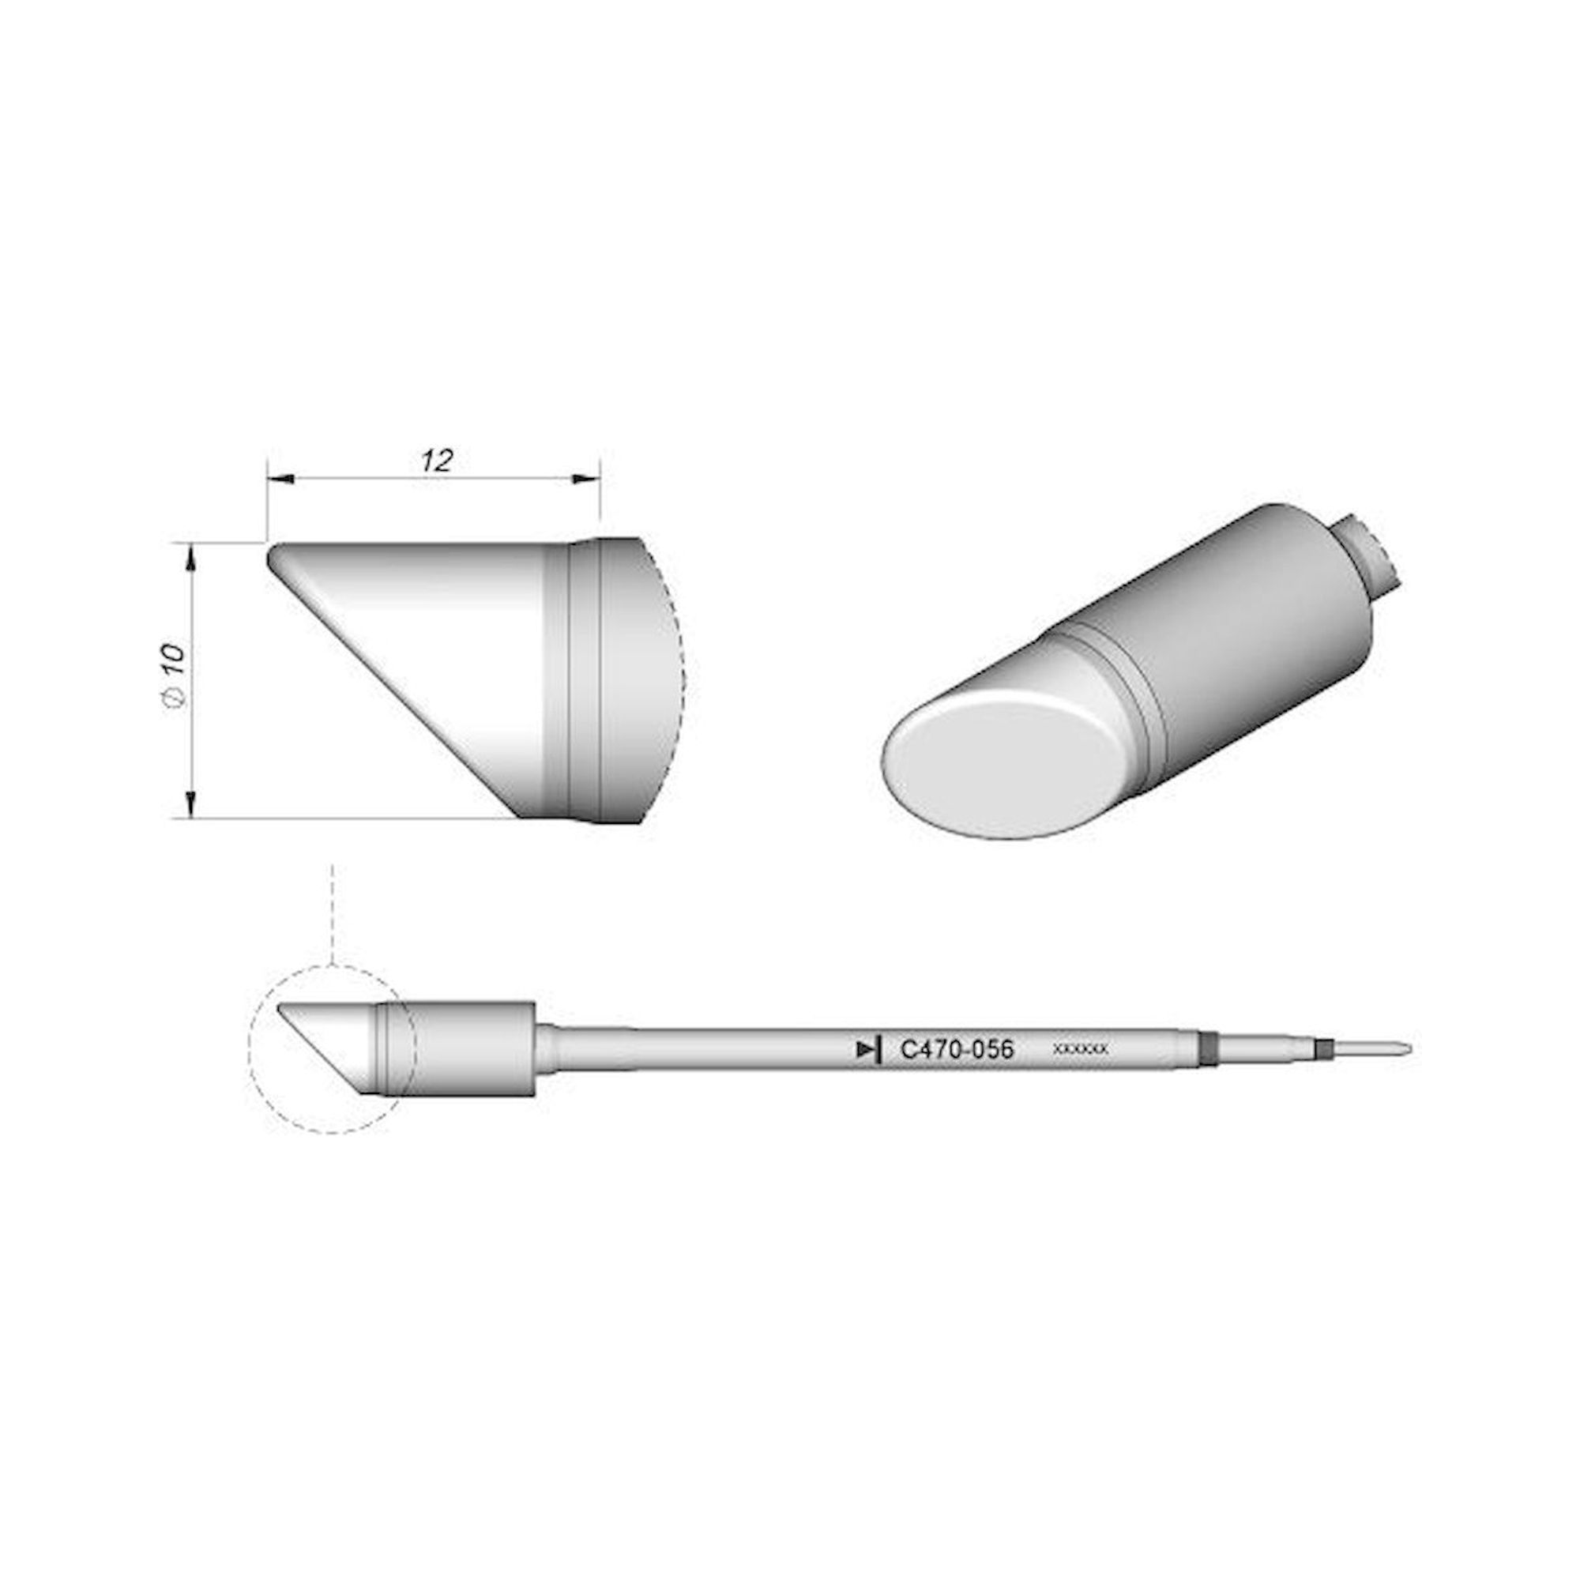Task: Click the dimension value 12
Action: pyautogui.click(x=438, y=461)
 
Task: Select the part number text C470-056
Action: pyautogui.click(x=956, y=1049)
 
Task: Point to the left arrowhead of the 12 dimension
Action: pyautogui.click(x=279, y=480)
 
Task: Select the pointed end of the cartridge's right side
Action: pyautogui.click(x=1409, y=1048)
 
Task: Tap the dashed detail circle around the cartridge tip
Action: pyautogui.click(x=250, y=1055)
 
